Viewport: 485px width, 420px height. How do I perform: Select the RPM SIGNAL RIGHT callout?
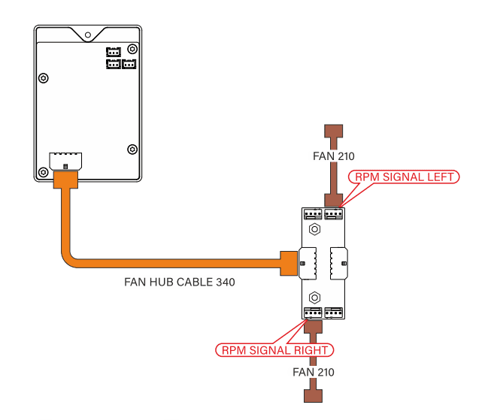click(x=274, y=350)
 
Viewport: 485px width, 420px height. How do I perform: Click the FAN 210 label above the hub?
click(x=333, y=157)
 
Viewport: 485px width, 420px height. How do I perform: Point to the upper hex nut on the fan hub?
click(x=316, y=229)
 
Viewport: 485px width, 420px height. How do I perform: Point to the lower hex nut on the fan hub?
click(x=316, y=296)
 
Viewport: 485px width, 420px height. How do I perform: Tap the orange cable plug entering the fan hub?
click(x=288, y=263)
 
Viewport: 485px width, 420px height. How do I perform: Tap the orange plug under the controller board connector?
click(x=65, y=180)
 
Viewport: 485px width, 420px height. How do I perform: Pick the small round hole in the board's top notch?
click(x=88, y=35)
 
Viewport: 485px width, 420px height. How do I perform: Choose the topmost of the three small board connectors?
click(x=113, y=52)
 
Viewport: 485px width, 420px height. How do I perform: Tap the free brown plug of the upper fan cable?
click(x=333, y=133)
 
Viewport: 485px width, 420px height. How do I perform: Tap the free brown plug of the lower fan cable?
click(x=313, y=396)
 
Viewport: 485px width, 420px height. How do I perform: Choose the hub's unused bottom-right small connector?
click(x=335, y=313)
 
